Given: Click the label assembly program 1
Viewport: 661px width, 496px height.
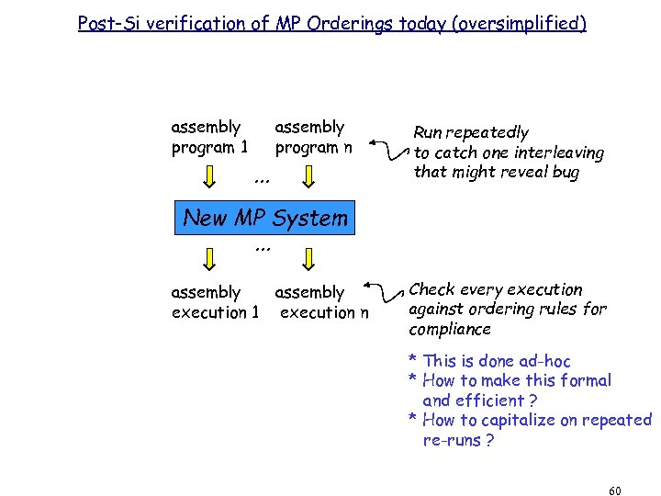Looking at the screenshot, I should tap(208, 137).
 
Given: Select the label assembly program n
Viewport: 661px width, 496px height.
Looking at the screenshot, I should tap(312, 137).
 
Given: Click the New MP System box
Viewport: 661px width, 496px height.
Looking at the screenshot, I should tap(265, 219).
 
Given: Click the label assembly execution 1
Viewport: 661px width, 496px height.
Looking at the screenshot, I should tap(215, 302).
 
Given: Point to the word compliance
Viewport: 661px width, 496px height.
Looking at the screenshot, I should tap(450, 329).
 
